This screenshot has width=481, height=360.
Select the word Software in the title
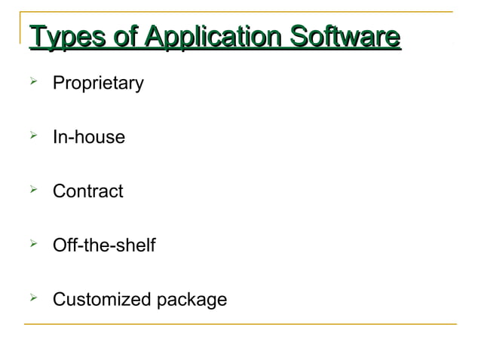343,37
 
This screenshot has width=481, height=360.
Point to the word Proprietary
97,84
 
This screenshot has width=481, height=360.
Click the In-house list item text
88,138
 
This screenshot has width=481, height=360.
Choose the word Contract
87,191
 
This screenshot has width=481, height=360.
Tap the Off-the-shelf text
103,246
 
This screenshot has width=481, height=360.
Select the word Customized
102,300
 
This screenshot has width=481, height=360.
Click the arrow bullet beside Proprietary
32,81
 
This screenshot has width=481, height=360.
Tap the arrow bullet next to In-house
32,136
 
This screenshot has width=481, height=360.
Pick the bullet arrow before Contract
32,190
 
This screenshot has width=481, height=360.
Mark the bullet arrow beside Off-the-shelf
32,244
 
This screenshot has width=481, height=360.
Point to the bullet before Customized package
32,298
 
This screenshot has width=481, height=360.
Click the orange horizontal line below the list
241,324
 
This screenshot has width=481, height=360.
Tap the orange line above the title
241,12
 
